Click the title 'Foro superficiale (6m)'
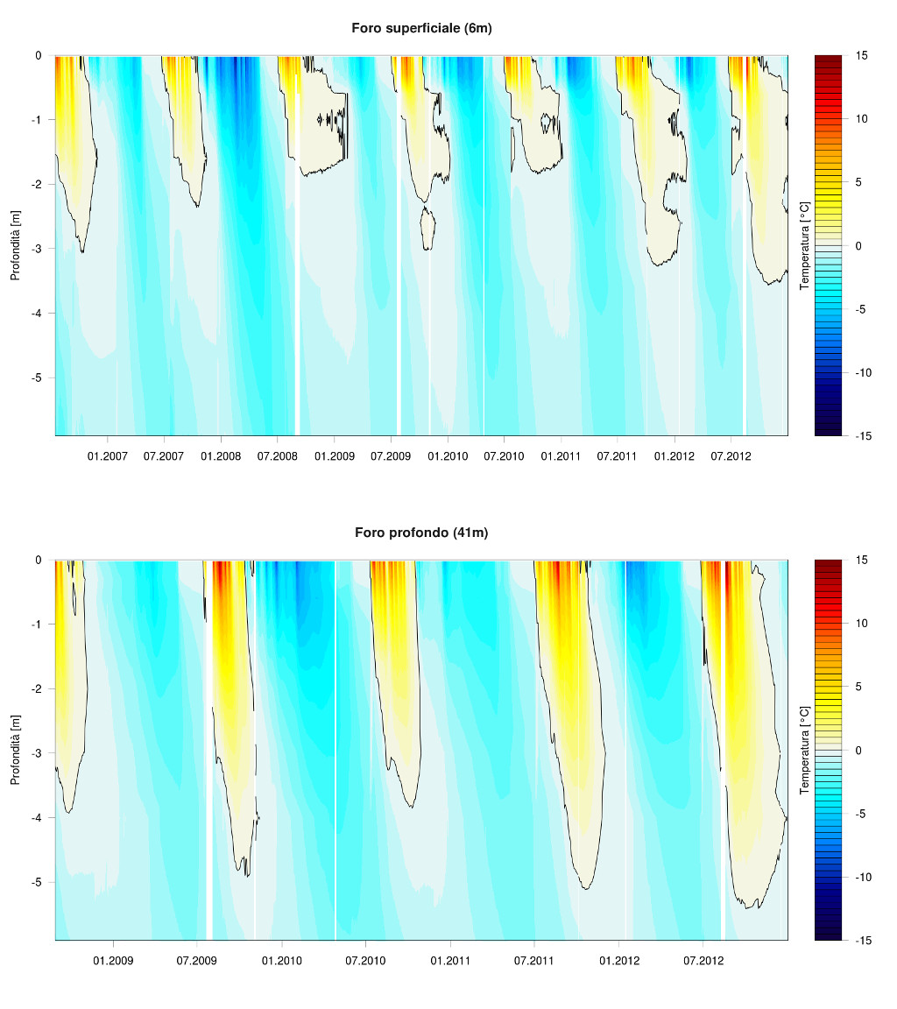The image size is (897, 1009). click(421, 28)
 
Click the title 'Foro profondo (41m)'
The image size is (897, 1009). click(421, 533)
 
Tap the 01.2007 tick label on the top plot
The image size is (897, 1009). click(108, 456)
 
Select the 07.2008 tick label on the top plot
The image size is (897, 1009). click(277, 456)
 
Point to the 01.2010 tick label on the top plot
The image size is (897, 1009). click(447, 456)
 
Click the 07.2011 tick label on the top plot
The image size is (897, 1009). click(617, 456)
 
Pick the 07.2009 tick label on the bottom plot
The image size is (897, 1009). click(197, 961)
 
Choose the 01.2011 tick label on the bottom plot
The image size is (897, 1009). click(450, 961)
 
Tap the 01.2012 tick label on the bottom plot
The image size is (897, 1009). click(619, 961)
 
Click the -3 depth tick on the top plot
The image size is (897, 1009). click(38, 249)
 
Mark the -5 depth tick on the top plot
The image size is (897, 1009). click(38, 377)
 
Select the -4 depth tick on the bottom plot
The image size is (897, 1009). click(38, 817)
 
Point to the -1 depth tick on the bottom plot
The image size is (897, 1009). click(38, 624)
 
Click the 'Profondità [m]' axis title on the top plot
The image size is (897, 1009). click(15, 245)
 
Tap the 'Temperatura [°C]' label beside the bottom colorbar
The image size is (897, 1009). click(804, 750)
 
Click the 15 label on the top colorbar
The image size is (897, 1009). click(862, 55)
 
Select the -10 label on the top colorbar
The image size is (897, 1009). click(861, 372)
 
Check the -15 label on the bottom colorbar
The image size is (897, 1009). click(861, 940)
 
